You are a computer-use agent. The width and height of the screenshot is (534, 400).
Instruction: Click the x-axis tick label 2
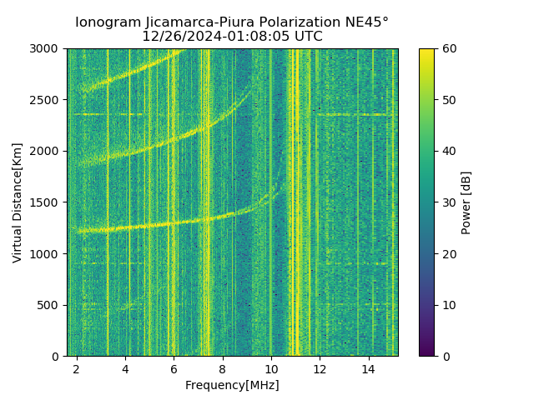point(77,368)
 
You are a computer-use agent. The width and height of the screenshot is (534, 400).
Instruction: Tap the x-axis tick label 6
point(174,368)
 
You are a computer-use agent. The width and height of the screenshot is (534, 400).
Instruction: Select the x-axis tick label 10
point(271,368)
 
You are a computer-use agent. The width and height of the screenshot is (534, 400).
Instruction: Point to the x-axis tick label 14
point(368,368)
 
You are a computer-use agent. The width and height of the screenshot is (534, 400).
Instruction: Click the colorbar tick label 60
point(448,49)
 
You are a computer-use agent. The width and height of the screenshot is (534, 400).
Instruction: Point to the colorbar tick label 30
point(448,202)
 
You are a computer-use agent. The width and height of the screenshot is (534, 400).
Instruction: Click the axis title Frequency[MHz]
point(232,385)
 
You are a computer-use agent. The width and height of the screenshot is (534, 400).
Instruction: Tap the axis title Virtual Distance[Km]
point(18,202)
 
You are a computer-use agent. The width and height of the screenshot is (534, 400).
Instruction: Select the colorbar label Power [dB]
point(466,202)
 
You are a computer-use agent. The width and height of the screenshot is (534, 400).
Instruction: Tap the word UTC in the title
point(305,37)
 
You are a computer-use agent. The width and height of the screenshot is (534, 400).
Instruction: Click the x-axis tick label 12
point(320,368)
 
